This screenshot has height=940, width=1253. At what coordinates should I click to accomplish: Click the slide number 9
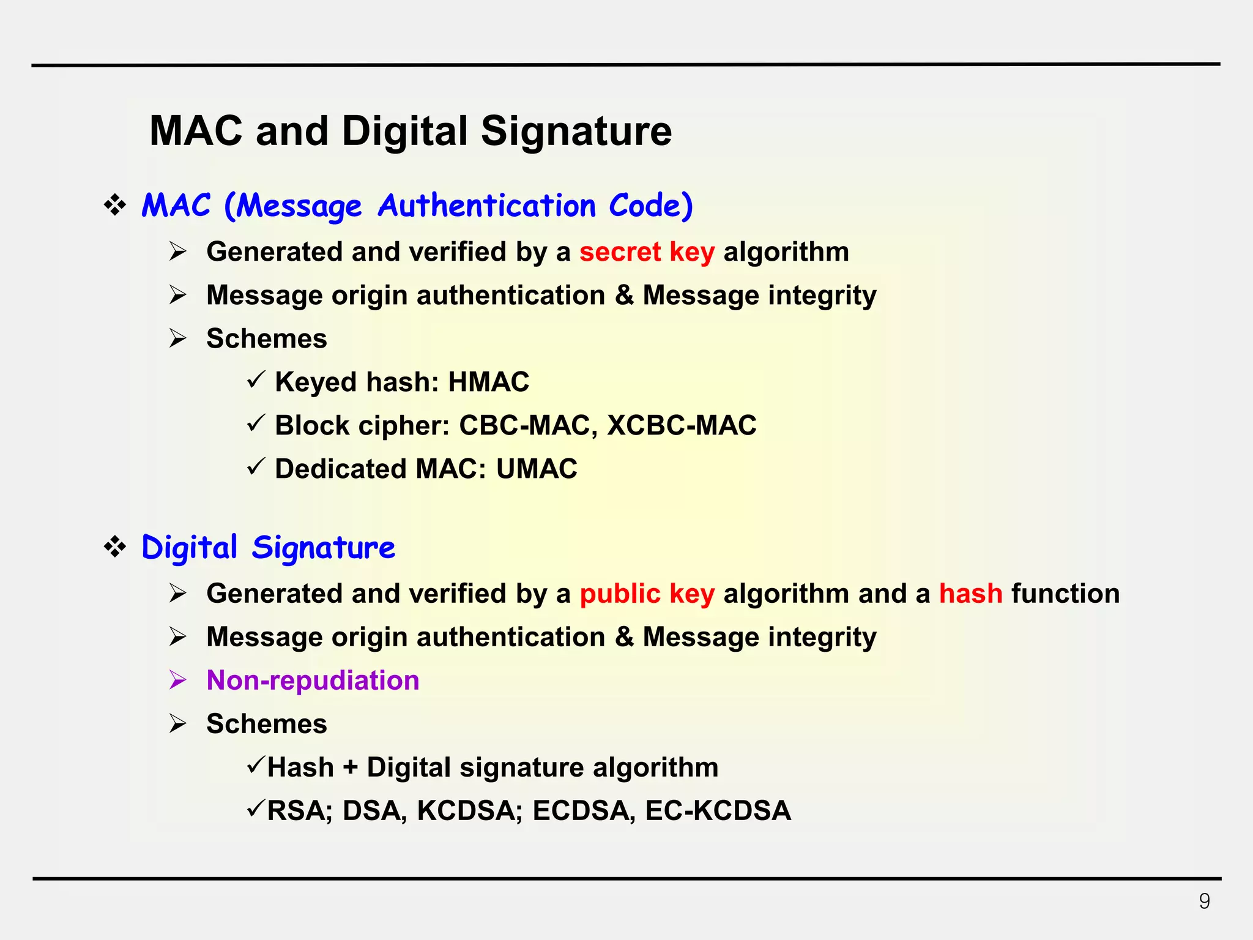click(x=1204, y=901)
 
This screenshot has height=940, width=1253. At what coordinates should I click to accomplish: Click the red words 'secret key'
click(x=647, y=252)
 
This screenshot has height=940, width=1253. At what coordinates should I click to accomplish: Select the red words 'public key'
click(x=647, y=594)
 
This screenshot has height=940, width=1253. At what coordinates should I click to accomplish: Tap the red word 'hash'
click(x=970, y=594)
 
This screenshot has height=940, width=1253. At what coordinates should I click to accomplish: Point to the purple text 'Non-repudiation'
click(x=313, y=681)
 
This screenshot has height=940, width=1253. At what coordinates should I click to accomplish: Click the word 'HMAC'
click(x=488, y=382)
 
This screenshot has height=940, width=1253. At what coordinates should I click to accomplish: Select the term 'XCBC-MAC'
click(x=682, y=425)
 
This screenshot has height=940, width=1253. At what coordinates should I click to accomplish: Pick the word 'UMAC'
click(x=537, y=469)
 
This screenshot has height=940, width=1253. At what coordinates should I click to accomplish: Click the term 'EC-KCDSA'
click(x=718, y=811)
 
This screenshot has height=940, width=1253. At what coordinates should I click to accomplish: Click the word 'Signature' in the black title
click(x=576, y=131)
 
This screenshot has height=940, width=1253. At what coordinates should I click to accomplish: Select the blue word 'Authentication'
click(x=486, y=206)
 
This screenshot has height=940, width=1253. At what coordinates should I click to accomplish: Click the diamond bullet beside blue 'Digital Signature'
click(x=115, y=546)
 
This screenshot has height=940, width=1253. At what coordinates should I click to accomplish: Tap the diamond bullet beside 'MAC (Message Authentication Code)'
click(x=115, y=205)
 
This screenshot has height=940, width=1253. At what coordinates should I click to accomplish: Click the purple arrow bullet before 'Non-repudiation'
click(x=178, y=680)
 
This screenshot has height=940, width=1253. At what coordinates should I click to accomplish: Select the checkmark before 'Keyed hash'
click(x=256, y=380)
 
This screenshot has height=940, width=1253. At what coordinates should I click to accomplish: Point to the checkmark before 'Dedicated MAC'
click(x=256, y=467)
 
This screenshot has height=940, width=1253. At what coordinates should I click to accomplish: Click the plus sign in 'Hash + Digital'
click(x=350, y=768)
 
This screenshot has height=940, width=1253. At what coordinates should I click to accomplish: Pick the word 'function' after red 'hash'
click(x=1065, y=594)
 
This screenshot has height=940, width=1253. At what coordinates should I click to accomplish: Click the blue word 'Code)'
click(x=650, y=206)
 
